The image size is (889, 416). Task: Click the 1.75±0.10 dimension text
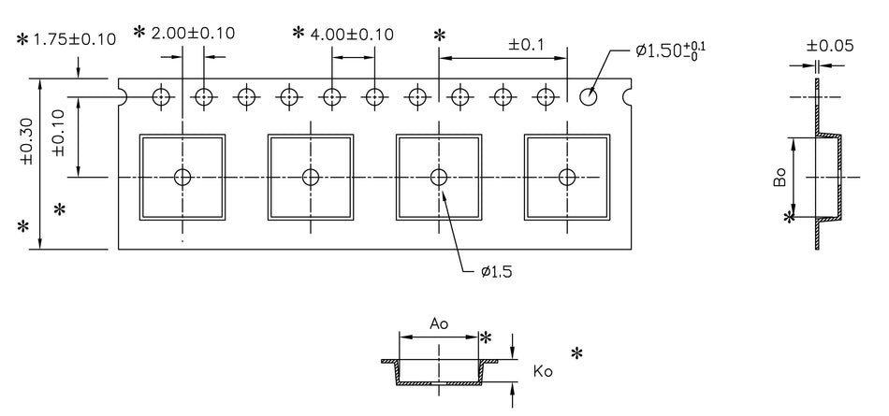[x=75, y=39]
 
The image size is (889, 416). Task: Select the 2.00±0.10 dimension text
[x=194, y=33]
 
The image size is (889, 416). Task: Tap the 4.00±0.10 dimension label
[x=353, y=34]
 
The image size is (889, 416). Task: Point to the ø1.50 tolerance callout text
[x=669, y=50]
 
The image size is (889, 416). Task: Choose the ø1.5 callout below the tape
[x=495, y=272]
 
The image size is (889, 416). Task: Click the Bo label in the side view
[x=780, y=177]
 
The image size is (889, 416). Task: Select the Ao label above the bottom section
[x=438, y=323]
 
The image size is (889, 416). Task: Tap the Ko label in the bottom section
[x=543, y=371]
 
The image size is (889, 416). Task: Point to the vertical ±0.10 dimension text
[x=58, y=132]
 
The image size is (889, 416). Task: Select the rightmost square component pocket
[x=566, y=177]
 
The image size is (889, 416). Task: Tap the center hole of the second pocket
[x=310, y=177]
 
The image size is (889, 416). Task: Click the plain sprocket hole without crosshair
[x=589, y=95]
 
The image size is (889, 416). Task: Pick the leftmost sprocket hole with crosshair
[x=162, y=95]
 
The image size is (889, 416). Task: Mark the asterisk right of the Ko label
[x=576, y=353]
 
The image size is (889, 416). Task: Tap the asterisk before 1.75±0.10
[x=22, y=39]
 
